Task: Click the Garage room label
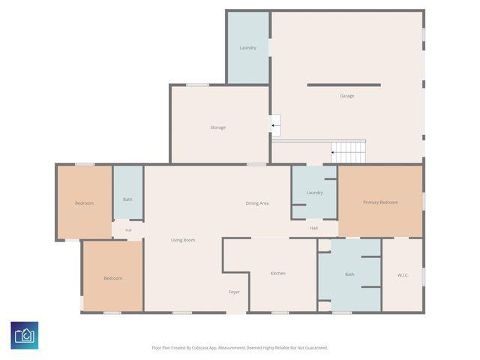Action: pos(346,96)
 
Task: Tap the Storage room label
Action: pos(218,127)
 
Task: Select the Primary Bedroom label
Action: pos(380,202)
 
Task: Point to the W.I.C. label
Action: pos(403,275)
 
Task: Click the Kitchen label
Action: pos(278,273)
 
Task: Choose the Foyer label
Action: pos(234,292)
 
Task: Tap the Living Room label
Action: pos(183,240)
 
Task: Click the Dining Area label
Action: pos(257,203)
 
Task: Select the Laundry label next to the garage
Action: pos(248,48)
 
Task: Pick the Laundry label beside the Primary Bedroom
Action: pos(315,193)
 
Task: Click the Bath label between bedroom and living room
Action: pos(127,199)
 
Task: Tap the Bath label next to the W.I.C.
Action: pos(349,274)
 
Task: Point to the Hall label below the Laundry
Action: pos(313,228)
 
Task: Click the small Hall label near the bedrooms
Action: pos(128,230)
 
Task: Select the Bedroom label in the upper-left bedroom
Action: pos(84,203)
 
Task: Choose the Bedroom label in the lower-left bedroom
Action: pos(113,278)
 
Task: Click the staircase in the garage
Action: pos(348,152)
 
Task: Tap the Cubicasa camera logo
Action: pos(25,335)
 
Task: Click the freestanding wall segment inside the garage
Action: pos(344,85)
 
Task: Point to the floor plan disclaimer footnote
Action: pos(240,348)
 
